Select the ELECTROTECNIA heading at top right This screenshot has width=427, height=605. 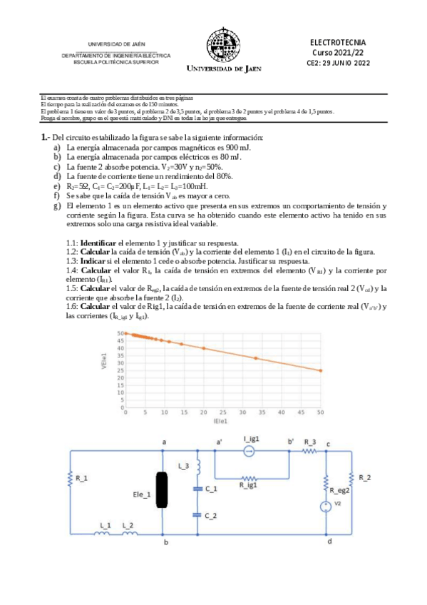pyautogui.click(x=340, y=43)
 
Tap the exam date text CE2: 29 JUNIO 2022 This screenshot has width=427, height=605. pyautogui.click(x=340, y=63)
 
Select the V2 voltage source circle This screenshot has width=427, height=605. pyautogui.click(x=326, y=506)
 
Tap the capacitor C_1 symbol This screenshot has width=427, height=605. pyautogui.click(x=197, y=489)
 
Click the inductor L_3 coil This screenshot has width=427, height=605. pyautogui.click(x=197, y=467)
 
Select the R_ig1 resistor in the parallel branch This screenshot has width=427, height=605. pyautogui.click(x=249, y=478)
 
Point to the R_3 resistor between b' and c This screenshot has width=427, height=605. pyautogui.click(x=309, y=452)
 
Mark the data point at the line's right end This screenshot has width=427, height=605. pyautogui.click(x=320, y=370)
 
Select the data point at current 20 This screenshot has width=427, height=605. pyautogui.click(x=203, y=348)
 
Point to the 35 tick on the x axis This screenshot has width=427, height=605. pyautogui.click(x=262, y=412)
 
